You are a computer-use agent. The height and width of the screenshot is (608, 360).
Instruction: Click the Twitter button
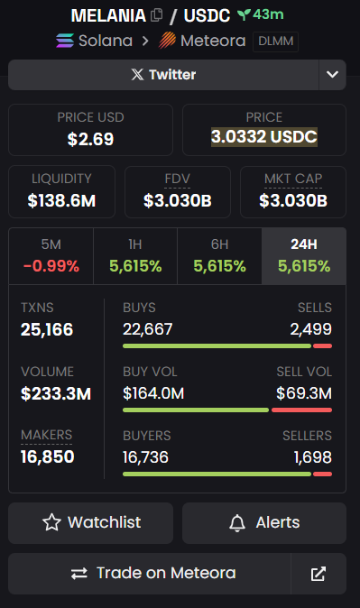[x=163, y=75]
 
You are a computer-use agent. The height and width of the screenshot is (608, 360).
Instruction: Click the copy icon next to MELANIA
[x=156, y=15]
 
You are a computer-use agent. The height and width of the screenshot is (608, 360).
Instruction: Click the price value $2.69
[x=90, y=139]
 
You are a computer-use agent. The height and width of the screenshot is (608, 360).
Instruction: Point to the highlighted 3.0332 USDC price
[x=263, y=137]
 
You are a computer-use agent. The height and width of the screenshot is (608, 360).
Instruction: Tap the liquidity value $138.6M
[x=61, y=200]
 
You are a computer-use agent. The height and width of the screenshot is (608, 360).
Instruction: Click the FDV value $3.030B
[x=177, y=200]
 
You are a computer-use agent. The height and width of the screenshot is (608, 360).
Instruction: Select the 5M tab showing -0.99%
[x=51, y=256]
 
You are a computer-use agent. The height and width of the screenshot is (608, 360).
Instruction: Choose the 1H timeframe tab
[x=135, y=256]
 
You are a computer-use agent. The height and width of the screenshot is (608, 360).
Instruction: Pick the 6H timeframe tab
[x=219, y=256]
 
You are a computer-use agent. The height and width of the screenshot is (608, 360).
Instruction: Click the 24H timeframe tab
[x=303, y=256]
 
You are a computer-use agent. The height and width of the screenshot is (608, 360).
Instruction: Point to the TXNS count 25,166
[x=48, y=329]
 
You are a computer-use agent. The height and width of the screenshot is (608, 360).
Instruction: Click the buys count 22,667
[x=147, y=329]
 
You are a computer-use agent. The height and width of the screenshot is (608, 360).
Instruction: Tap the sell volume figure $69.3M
[x=304, y=392]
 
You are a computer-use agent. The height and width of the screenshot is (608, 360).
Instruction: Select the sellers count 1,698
[x=312, y=456]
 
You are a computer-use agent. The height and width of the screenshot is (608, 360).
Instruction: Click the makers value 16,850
[x=48, y=456]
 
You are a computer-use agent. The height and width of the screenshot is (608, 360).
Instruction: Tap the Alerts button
[x=264, y=522]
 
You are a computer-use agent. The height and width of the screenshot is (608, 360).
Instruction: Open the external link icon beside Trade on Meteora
[x=318, y=574]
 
